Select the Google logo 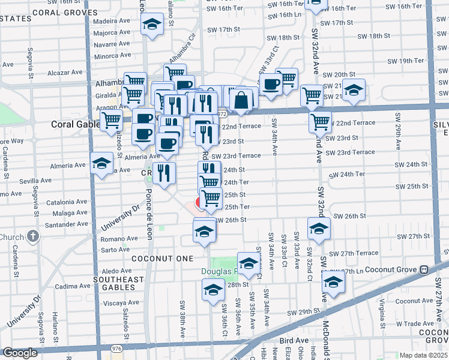pos(20,353)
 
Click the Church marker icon pos(33,236)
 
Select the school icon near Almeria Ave pos(101,162)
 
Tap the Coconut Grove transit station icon pos(424,269)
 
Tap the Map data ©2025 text pos(424,355)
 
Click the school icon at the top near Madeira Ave pos(152,25)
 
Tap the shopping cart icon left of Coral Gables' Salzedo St pos(111,119)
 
